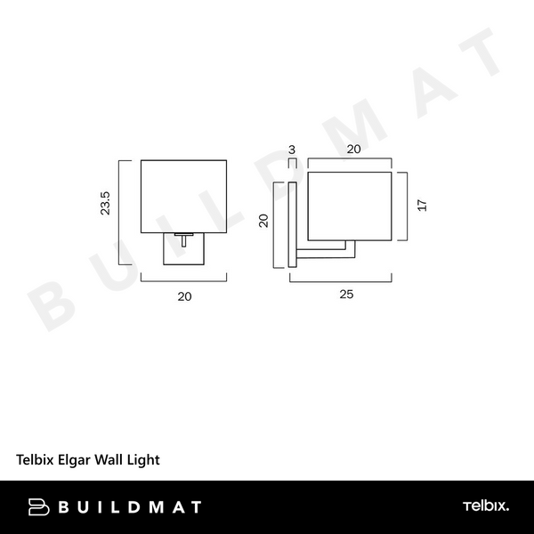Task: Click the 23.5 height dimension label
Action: tap(105, 204)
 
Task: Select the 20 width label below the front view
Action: tap(185, 296)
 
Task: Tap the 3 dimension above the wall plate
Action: tap(291, 150)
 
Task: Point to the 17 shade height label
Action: tap(423, 206)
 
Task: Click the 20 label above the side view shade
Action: tap(353, 150)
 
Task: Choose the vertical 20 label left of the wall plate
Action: tap(263, 221)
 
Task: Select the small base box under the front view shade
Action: tap(185, 248)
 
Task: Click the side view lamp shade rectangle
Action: tap(350, 207)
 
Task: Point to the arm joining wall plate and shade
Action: tap(324, 251)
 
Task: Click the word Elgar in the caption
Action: tap(78, 460)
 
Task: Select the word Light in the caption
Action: tap(142, 460)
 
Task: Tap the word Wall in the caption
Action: tap(112, 460)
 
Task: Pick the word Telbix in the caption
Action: tap(37, 460)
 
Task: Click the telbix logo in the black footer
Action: tap(485, 506)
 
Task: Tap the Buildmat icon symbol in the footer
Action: tap(38, 507)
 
